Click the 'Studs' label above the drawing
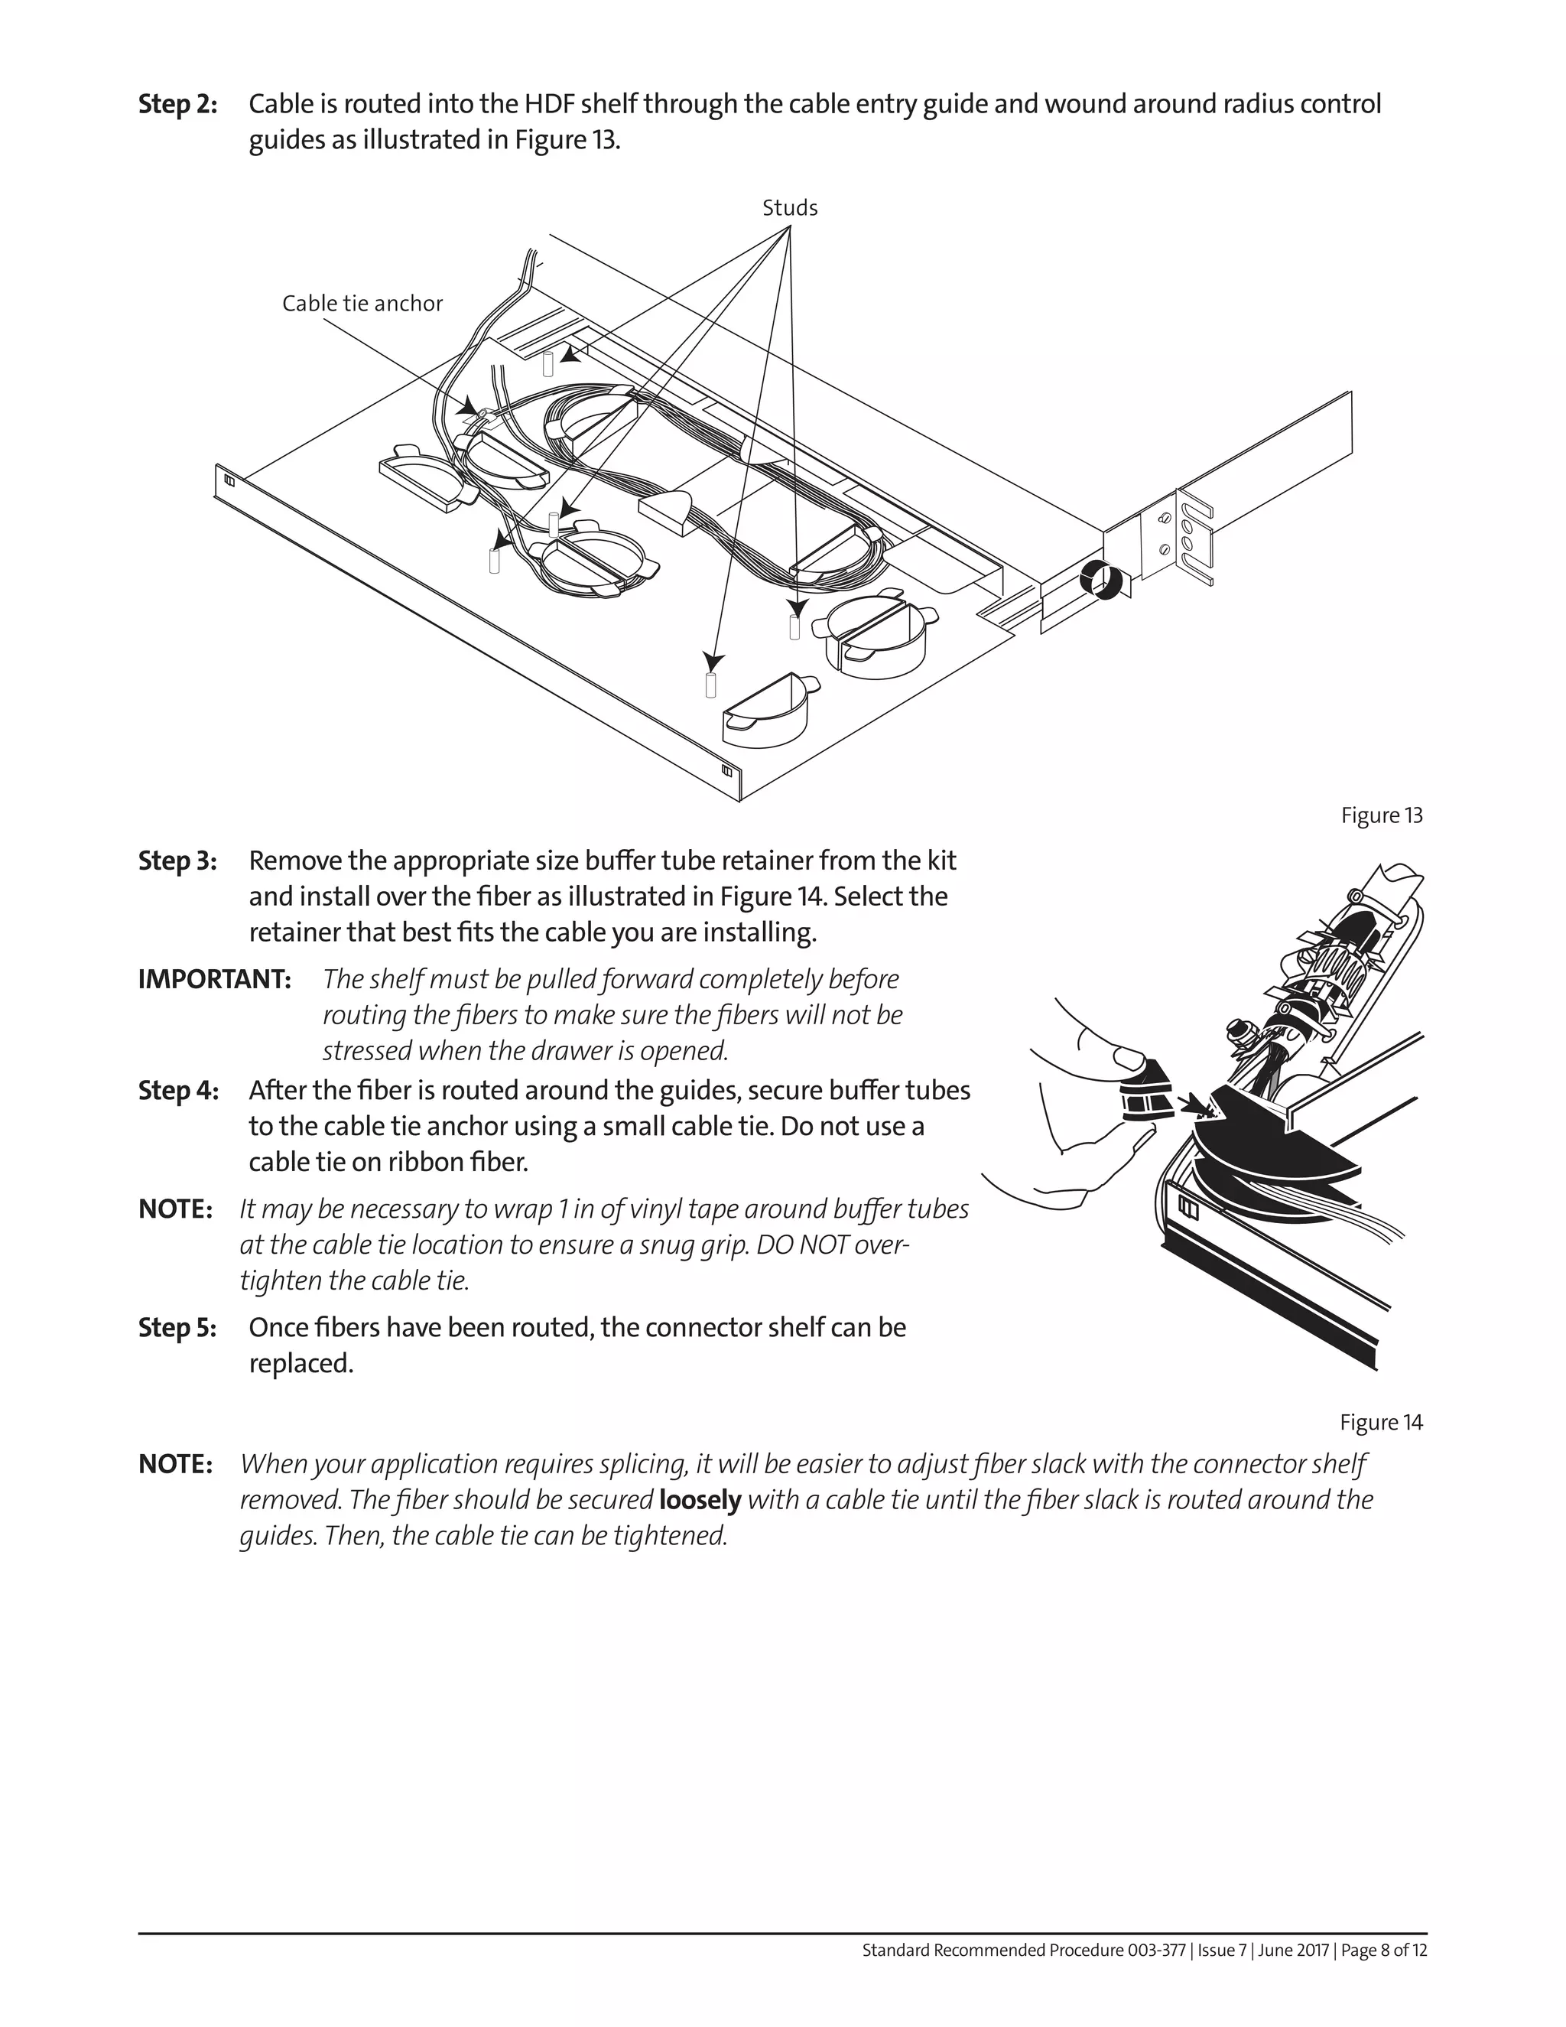tap(789, 208)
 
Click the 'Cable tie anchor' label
tap(362, 304)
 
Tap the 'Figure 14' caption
tap(1380, 1423)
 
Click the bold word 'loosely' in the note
tap(700, 1501)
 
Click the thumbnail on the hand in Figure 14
tap(1127, 1057)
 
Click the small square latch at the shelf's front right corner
tap(726, 771)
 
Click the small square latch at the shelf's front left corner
tap(228, 481)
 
